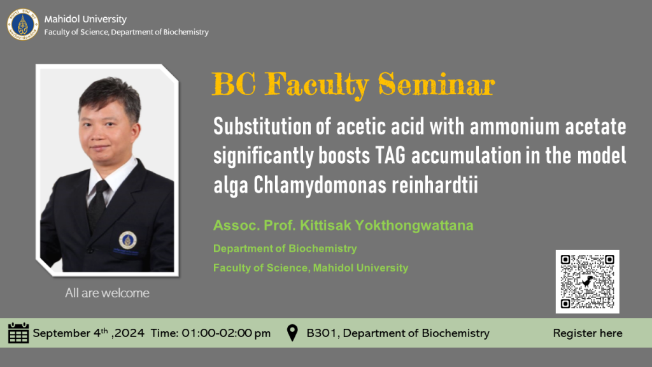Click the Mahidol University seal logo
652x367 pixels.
pos(23,25)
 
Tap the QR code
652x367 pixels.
pos(587,282)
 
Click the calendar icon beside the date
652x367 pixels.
pos(18,333)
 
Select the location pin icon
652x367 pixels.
pos(292,333)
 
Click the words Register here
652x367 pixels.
pos(588,333)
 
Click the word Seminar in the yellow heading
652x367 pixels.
pos(436,85)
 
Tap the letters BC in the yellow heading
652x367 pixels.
pos(234,85)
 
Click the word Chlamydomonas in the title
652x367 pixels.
pos(320,185)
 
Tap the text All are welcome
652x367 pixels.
pos(107,293)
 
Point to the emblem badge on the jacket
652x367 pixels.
pos(127,240)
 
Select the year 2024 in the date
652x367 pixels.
pos(129,333)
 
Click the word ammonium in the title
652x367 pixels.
pos(514,127)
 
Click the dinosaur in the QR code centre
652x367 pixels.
pos(587,282)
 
